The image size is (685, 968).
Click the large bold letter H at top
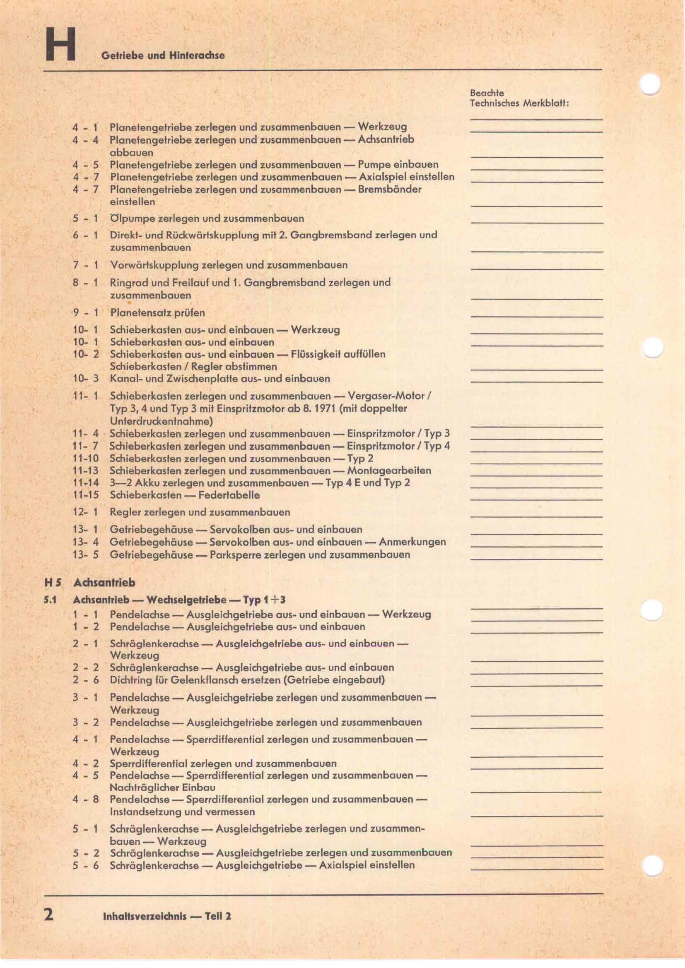pyautogui.click(x=61, y=44)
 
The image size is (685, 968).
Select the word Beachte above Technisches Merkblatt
pyautogui.click(x=487, y=93)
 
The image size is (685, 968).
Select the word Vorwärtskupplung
pyautogui.click(x=154, y=265)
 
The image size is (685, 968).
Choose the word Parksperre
pyautogui.click(x=235, y=555)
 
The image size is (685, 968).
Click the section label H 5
pyautogui.click(x=53, y=583)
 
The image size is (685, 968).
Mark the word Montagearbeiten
pyautogui.click(x=389, y=471)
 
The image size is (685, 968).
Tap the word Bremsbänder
pyautogui.click(x=389, y=189)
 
